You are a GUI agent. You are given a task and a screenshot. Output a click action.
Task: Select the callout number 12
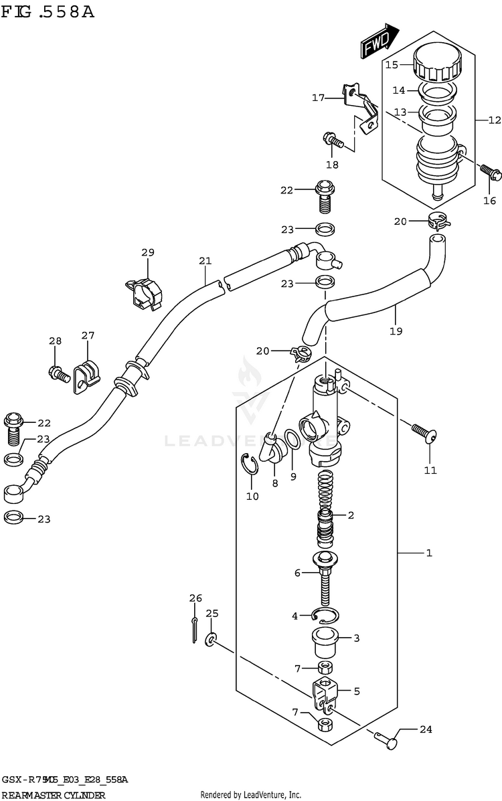point(494,121)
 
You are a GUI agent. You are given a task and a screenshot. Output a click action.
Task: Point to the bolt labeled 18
point(333,141)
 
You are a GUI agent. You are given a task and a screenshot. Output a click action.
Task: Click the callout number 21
point(205,260)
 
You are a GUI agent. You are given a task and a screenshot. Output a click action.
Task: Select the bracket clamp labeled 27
point(87,373)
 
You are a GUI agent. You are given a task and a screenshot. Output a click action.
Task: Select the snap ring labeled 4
point(325,616)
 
